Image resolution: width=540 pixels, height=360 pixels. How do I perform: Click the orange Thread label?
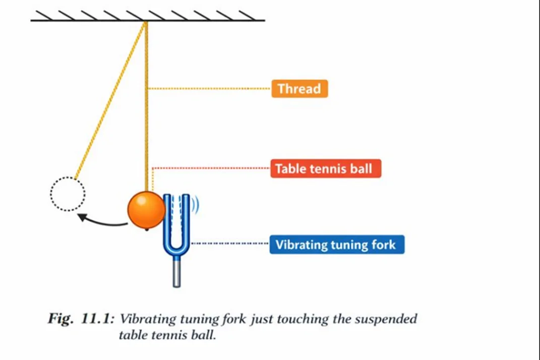point(299,89)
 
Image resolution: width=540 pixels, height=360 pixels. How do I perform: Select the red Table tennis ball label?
point(326,168)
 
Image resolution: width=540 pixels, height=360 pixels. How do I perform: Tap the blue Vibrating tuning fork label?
point(336,246)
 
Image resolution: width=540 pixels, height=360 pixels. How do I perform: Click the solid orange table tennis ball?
point(146,209)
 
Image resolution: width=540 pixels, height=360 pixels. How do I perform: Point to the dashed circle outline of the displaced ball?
point(68,194)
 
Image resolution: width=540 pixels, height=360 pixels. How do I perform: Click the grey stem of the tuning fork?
point(176,272)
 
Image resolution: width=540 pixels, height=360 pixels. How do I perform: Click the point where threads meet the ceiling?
point(146,22)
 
